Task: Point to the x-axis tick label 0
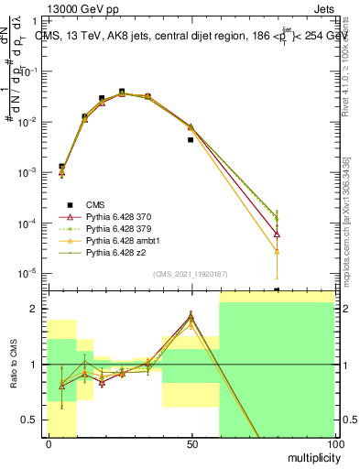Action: tap(48, 443)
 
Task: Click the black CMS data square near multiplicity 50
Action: tap(191, 140)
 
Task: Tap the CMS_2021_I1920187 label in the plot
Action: tap(189, 273)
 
